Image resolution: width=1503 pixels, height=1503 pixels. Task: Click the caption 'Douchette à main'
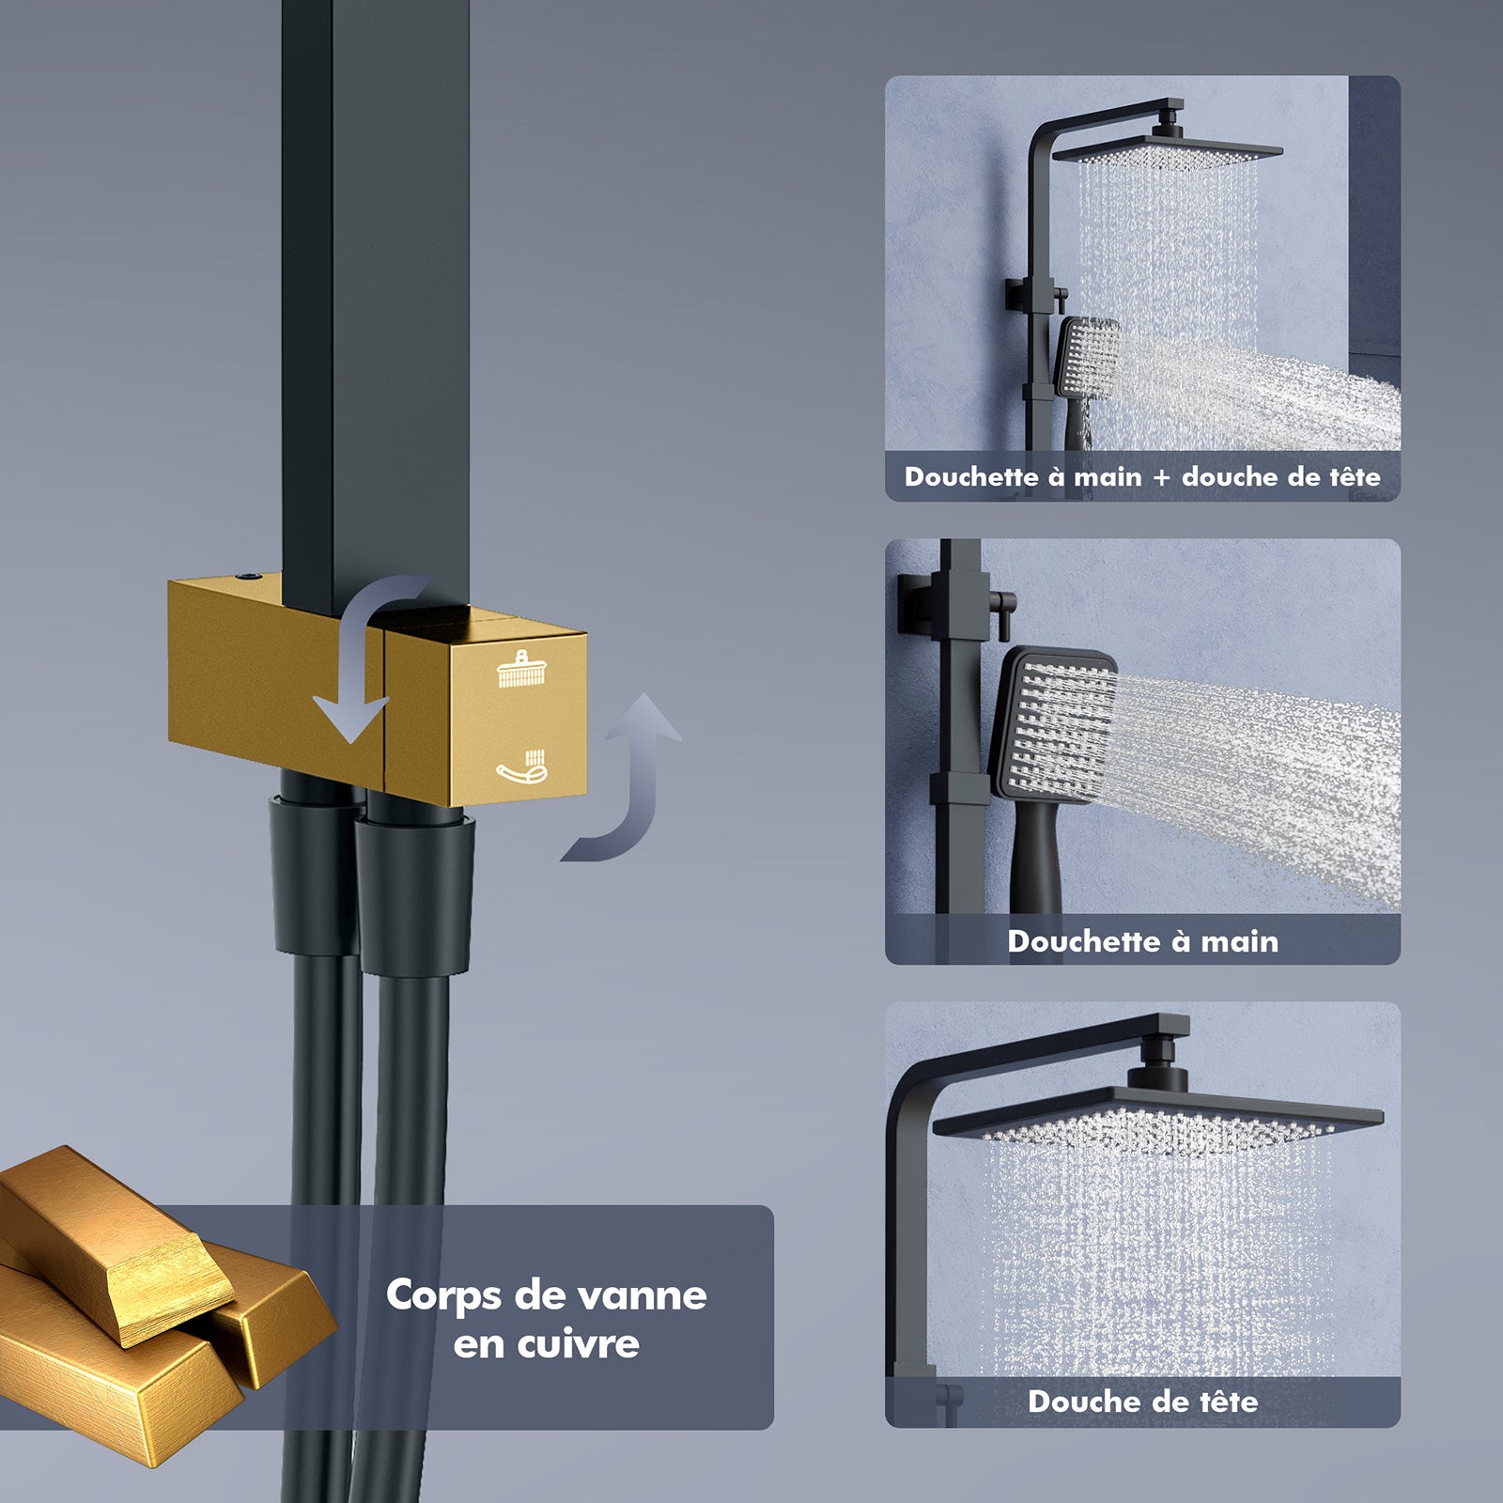click(1142, 941)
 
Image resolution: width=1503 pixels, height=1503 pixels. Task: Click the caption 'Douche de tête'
click(1142, 1402)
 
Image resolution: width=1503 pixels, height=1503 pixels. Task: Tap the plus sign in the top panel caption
click(1162, 477)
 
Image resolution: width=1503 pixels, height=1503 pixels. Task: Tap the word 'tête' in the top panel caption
click(1354, 477)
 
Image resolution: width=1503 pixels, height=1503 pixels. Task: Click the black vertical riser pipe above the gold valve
click(376, 282)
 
